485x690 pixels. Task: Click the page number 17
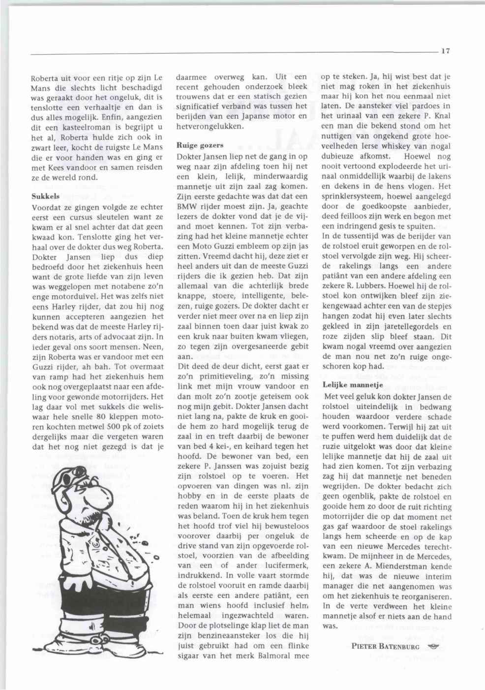tap(446, 51)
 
